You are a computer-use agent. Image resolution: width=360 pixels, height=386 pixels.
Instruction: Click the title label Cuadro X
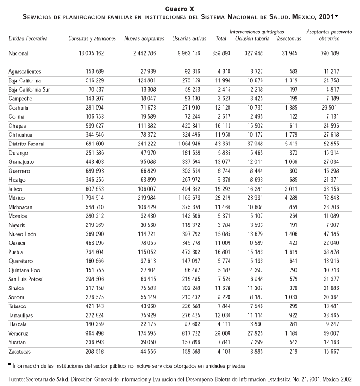click(180, 9)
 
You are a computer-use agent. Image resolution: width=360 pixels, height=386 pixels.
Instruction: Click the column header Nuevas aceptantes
click(144, 38)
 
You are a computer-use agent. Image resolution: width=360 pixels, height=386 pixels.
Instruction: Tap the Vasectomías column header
click(288, 38)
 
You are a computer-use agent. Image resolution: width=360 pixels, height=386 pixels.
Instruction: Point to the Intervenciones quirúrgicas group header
click(257, 31)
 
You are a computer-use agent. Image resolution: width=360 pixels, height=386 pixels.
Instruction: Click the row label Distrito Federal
click(27, 144)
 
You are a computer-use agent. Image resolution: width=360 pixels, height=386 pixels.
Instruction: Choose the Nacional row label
click(18, 53)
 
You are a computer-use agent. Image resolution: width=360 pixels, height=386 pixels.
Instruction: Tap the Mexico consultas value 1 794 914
click(88, 198)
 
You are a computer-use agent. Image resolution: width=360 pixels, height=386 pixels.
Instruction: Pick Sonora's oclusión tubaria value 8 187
click(257, 297)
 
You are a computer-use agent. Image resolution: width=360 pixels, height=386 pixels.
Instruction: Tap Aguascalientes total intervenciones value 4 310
click(222, 72)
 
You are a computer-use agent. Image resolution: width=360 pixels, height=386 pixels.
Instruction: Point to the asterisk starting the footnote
click(9, 364)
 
